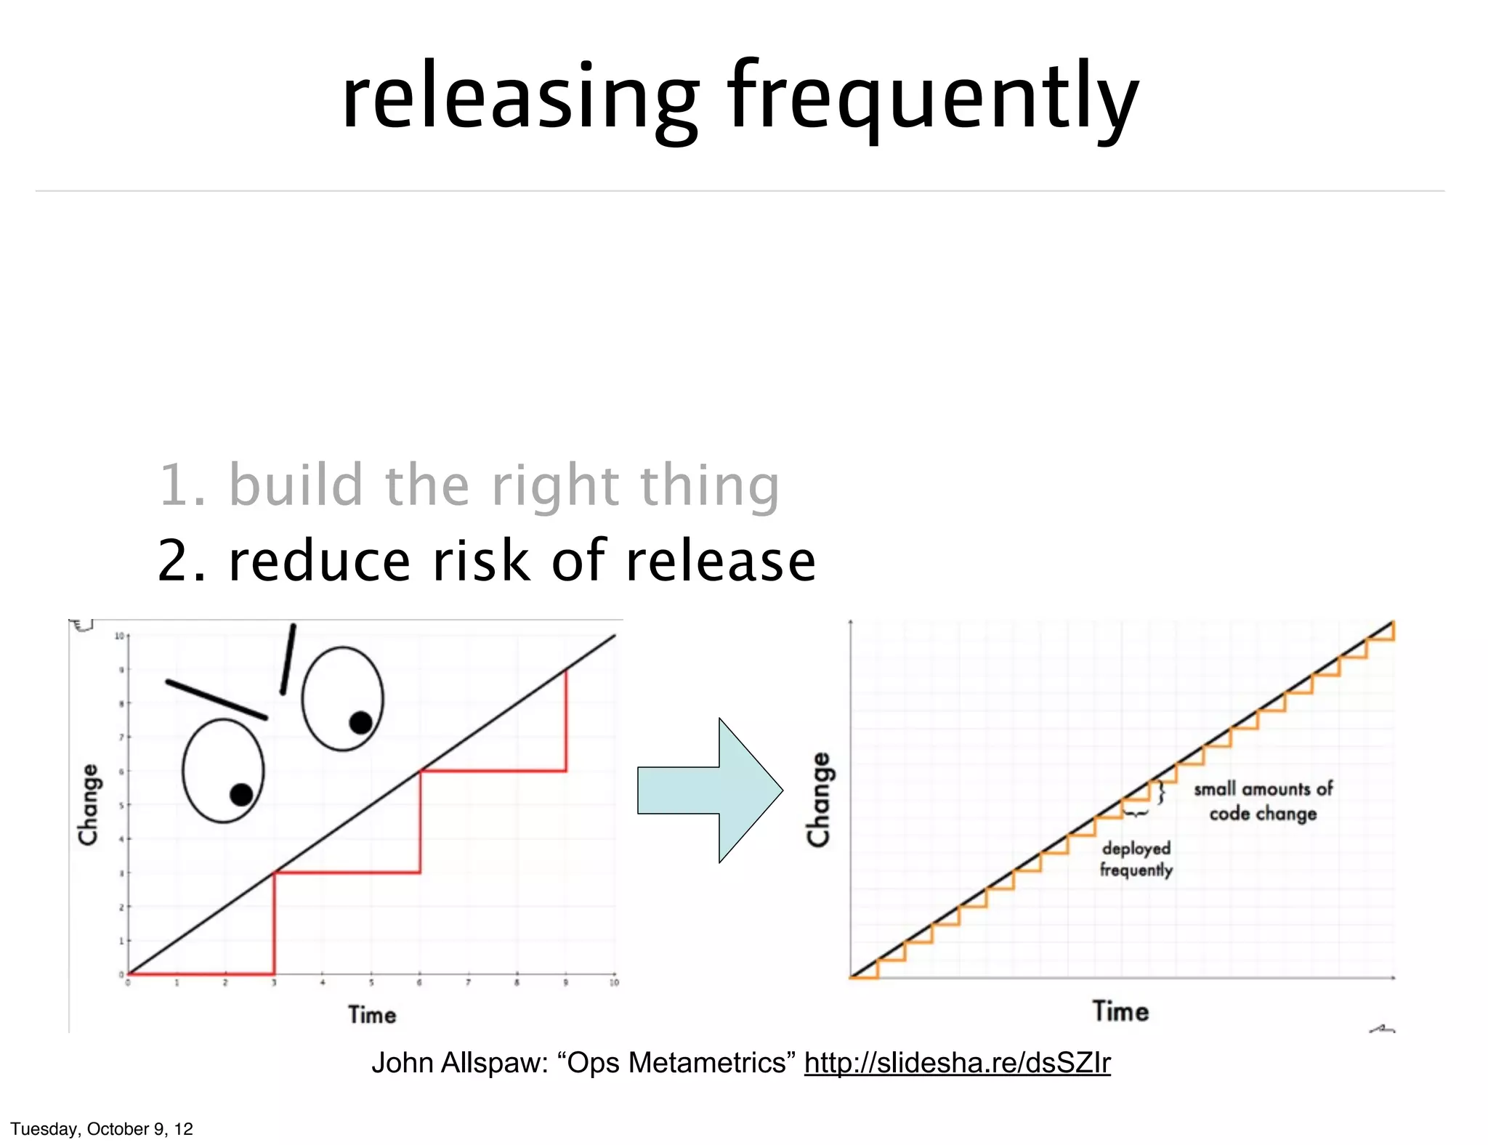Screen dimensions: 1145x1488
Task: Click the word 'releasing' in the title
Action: point(520,98)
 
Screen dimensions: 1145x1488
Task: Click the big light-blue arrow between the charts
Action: point(711,790)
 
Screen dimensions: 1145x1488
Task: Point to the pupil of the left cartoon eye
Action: point(241,795)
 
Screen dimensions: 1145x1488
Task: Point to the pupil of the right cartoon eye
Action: point(361,722)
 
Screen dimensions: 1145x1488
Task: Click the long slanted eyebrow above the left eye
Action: point(217,700)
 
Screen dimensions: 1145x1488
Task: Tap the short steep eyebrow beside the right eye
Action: point(288,659)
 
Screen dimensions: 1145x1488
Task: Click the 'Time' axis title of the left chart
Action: point(372,1015)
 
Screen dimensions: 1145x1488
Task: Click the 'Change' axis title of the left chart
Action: point(89,804)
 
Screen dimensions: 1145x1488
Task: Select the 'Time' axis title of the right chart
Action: point(1120,1011)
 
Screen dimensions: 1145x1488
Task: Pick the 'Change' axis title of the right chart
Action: point(819,799)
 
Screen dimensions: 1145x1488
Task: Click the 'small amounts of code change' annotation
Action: point(1263,801)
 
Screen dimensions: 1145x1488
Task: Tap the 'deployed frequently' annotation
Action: point(1136,859)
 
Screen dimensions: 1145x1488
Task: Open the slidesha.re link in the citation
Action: point(957,1063)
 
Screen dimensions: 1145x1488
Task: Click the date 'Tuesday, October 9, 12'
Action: point(102,1129)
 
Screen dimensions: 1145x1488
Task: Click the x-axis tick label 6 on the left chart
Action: point(419,983)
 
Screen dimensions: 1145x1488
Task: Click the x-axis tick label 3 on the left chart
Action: point(274,983)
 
